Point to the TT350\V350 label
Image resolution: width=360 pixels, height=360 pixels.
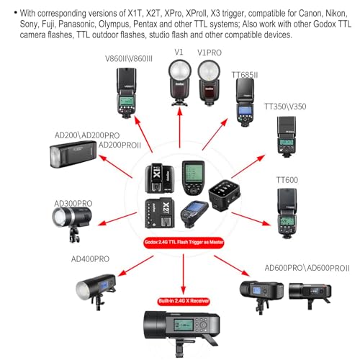click(x=287, y=104)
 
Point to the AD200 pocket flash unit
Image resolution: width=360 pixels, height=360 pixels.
click(x=73, y=153)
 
